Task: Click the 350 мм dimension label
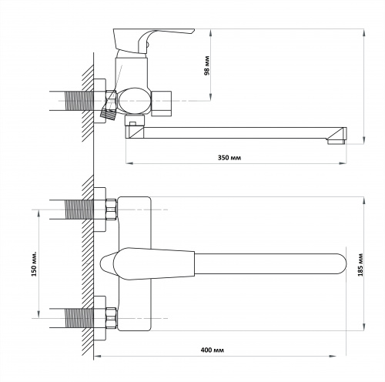click(229, 157)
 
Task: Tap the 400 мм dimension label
click(212, 350)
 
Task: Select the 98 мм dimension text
click(206, 65)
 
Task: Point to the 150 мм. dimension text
click(34, 264)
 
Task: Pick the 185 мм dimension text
click(360, 265)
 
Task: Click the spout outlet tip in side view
click(336, 142)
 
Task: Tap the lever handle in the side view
click(153, 41)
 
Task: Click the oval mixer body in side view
click(134, 101)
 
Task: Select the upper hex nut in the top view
click(112, 209)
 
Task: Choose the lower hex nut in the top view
click(112, 318)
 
